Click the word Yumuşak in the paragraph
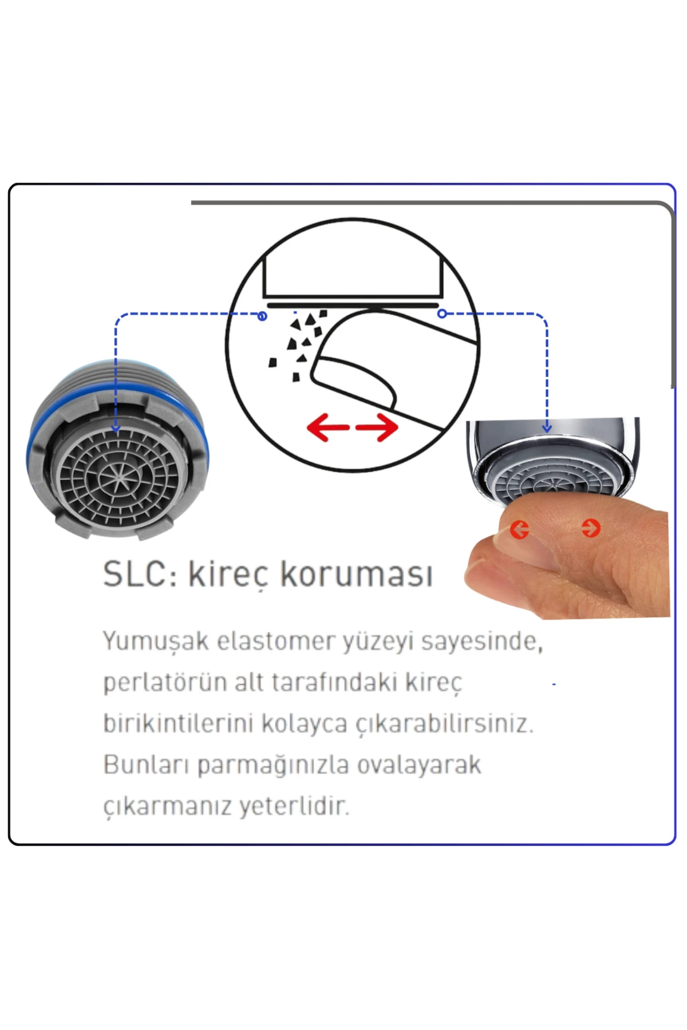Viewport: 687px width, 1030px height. (x=156, y=641)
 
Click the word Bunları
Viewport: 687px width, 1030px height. (x=146, y=764)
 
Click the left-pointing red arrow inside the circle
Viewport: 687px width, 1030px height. (x=328, y=427)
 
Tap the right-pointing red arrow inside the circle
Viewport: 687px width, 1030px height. (x=377, y=427)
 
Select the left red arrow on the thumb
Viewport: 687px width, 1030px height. (x=519, y=529)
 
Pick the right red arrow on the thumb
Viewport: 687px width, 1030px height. (x=591, y=528)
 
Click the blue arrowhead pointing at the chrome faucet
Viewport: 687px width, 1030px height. (x=547, y=427)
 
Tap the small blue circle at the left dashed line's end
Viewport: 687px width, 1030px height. (x=262, y=316)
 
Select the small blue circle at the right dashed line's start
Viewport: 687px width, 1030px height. (x=442, y=314)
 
